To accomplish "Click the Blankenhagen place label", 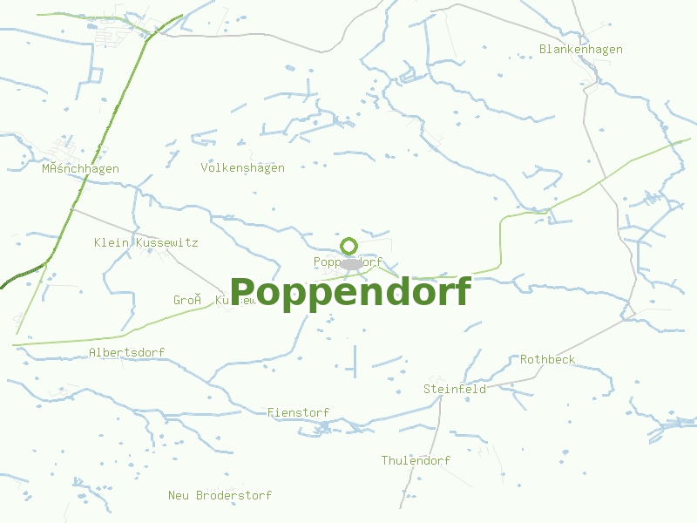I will tap(580, 50).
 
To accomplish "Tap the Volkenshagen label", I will tap(242, 168).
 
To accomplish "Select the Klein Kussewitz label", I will tap(145, 242).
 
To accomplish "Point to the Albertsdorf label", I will tap(126, 352).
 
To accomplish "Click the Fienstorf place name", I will tap(298, 412).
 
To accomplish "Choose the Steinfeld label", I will tap(454, 389).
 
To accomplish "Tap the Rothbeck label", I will tap(547, 359).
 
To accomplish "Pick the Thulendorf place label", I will tap(416, 460).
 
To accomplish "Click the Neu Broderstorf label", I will tap(220, 495).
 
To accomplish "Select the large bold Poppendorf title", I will tap(350, 292).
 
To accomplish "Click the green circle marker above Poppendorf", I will tap(349, 246).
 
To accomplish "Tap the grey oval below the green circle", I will tap(350, 263).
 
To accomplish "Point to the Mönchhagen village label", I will tap(80, 169).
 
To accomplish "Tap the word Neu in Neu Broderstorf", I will tap(179, 495).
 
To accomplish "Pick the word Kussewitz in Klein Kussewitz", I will tap(166, 242).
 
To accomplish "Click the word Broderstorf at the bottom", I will tap(233, 495).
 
